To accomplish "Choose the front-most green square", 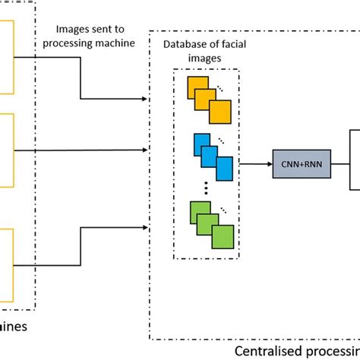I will coord(223,235).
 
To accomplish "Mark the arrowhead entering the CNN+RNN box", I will coord(270,163).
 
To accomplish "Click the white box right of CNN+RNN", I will coord(354,163).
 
